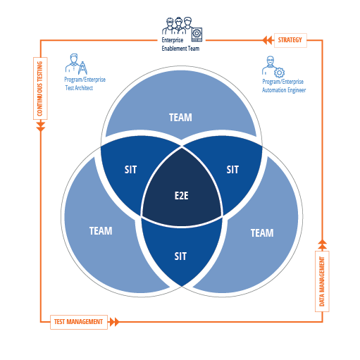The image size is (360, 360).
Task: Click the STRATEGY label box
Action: point(290,40)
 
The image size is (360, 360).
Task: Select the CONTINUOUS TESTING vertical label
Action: point(40,89)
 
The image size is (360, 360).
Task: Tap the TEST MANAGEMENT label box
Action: point(79,322)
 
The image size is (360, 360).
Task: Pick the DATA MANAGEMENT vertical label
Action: point(322,281)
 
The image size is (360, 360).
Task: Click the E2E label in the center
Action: point(182,196)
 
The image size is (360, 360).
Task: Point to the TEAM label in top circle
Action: point(180,118)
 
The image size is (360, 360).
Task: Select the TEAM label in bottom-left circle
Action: point(101,231)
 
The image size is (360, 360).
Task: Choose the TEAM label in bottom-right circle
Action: point(262,233)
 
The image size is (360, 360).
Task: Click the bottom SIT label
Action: point(180,256)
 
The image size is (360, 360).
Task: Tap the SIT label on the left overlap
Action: point(130,170)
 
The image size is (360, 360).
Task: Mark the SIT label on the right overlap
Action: point(232,170)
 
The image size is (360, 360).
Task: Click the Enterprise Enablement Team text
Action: point(180,44)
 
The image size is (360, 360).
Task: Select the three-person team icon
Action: point(182,29)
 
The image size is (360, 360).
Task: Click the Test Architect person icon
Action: point(76,64)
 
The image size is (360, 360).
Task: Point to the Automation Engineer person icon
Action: point(273,67)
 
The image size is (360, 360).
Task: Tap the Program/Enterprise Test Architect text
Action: point(85,84)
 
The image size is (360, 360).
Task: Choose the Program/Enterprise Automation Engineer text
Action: point(284,86)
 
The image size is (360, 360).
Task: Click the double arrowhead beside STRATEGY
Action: point(267,40)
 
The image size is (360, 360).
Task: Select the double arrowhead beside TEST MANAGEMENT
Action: point(114,322)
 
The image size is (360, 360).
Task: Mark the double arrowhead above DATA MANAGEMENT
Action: point(322,244)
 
